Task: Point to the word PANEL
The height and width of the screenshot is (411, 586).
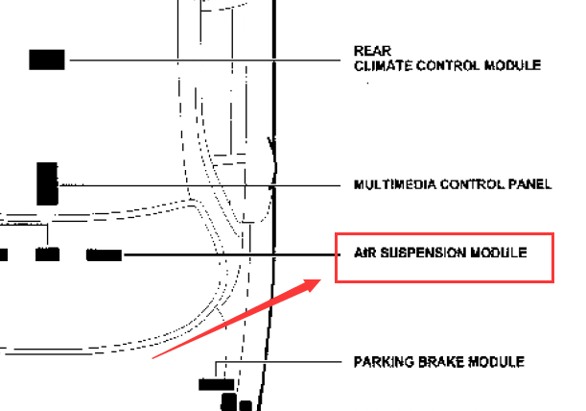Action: click(x=529, y=184)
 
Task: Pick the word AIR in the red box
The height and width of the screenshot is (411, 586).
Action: click(x=353, y=254)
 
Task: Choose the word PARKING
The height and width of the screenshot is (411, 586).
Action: click(x=381, y=362)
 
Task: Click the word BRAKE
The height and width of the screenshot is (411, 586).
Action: click(x=438, y=362)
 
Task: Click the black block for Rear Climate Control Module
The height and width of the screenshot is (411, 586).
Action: click(x=47, y=60)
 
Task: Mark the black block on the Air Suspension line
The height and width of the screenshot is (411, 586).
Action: click(x=105, y=255)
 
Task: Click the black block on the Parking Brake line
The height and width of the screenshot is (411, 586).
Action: click(x=216, y=384)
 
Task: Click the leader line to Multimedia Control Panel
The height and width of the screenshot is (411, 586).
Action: click(x=192, y=184)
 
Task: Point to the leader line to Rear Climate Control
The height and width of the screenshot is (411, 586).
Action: click(x=192, y=60)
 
